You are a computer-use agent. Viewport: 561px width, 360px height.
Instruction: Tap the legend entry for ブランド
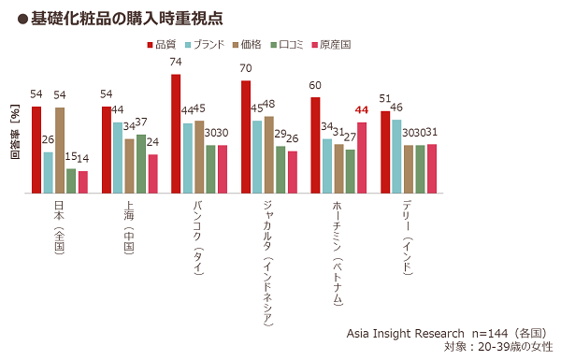(214, 44)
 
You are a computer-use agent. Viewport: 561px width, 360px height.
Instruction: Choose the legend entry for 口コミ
(312, 44)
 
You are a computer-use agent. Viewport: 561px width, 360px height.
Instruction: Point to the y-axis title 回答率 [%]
(14, 137)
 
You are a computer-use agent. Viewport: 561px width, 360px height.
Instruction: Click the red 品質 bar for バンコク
(176, 134)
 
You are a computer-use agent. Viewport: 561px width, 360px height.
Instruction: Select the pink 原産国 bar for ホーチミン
(362, 157)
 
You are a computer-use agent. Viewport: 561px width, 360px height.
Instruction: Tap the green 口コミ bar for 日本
(71, 180)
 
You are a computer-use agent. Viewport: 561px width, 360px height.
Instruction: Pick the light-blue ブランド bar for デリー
(396, 156)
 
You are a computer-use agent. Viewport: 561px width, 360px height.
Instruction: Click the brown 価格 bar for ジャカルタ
(268, 154)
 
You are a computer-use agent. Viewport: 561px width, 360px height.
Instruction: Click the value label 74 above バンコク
(176, 62)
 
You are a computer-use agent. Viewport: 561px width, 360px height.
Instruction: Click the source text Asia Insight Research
(405, 332)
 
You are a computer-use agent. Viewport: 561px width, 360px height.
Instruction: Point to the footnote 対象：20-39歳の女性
(497, 347)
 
